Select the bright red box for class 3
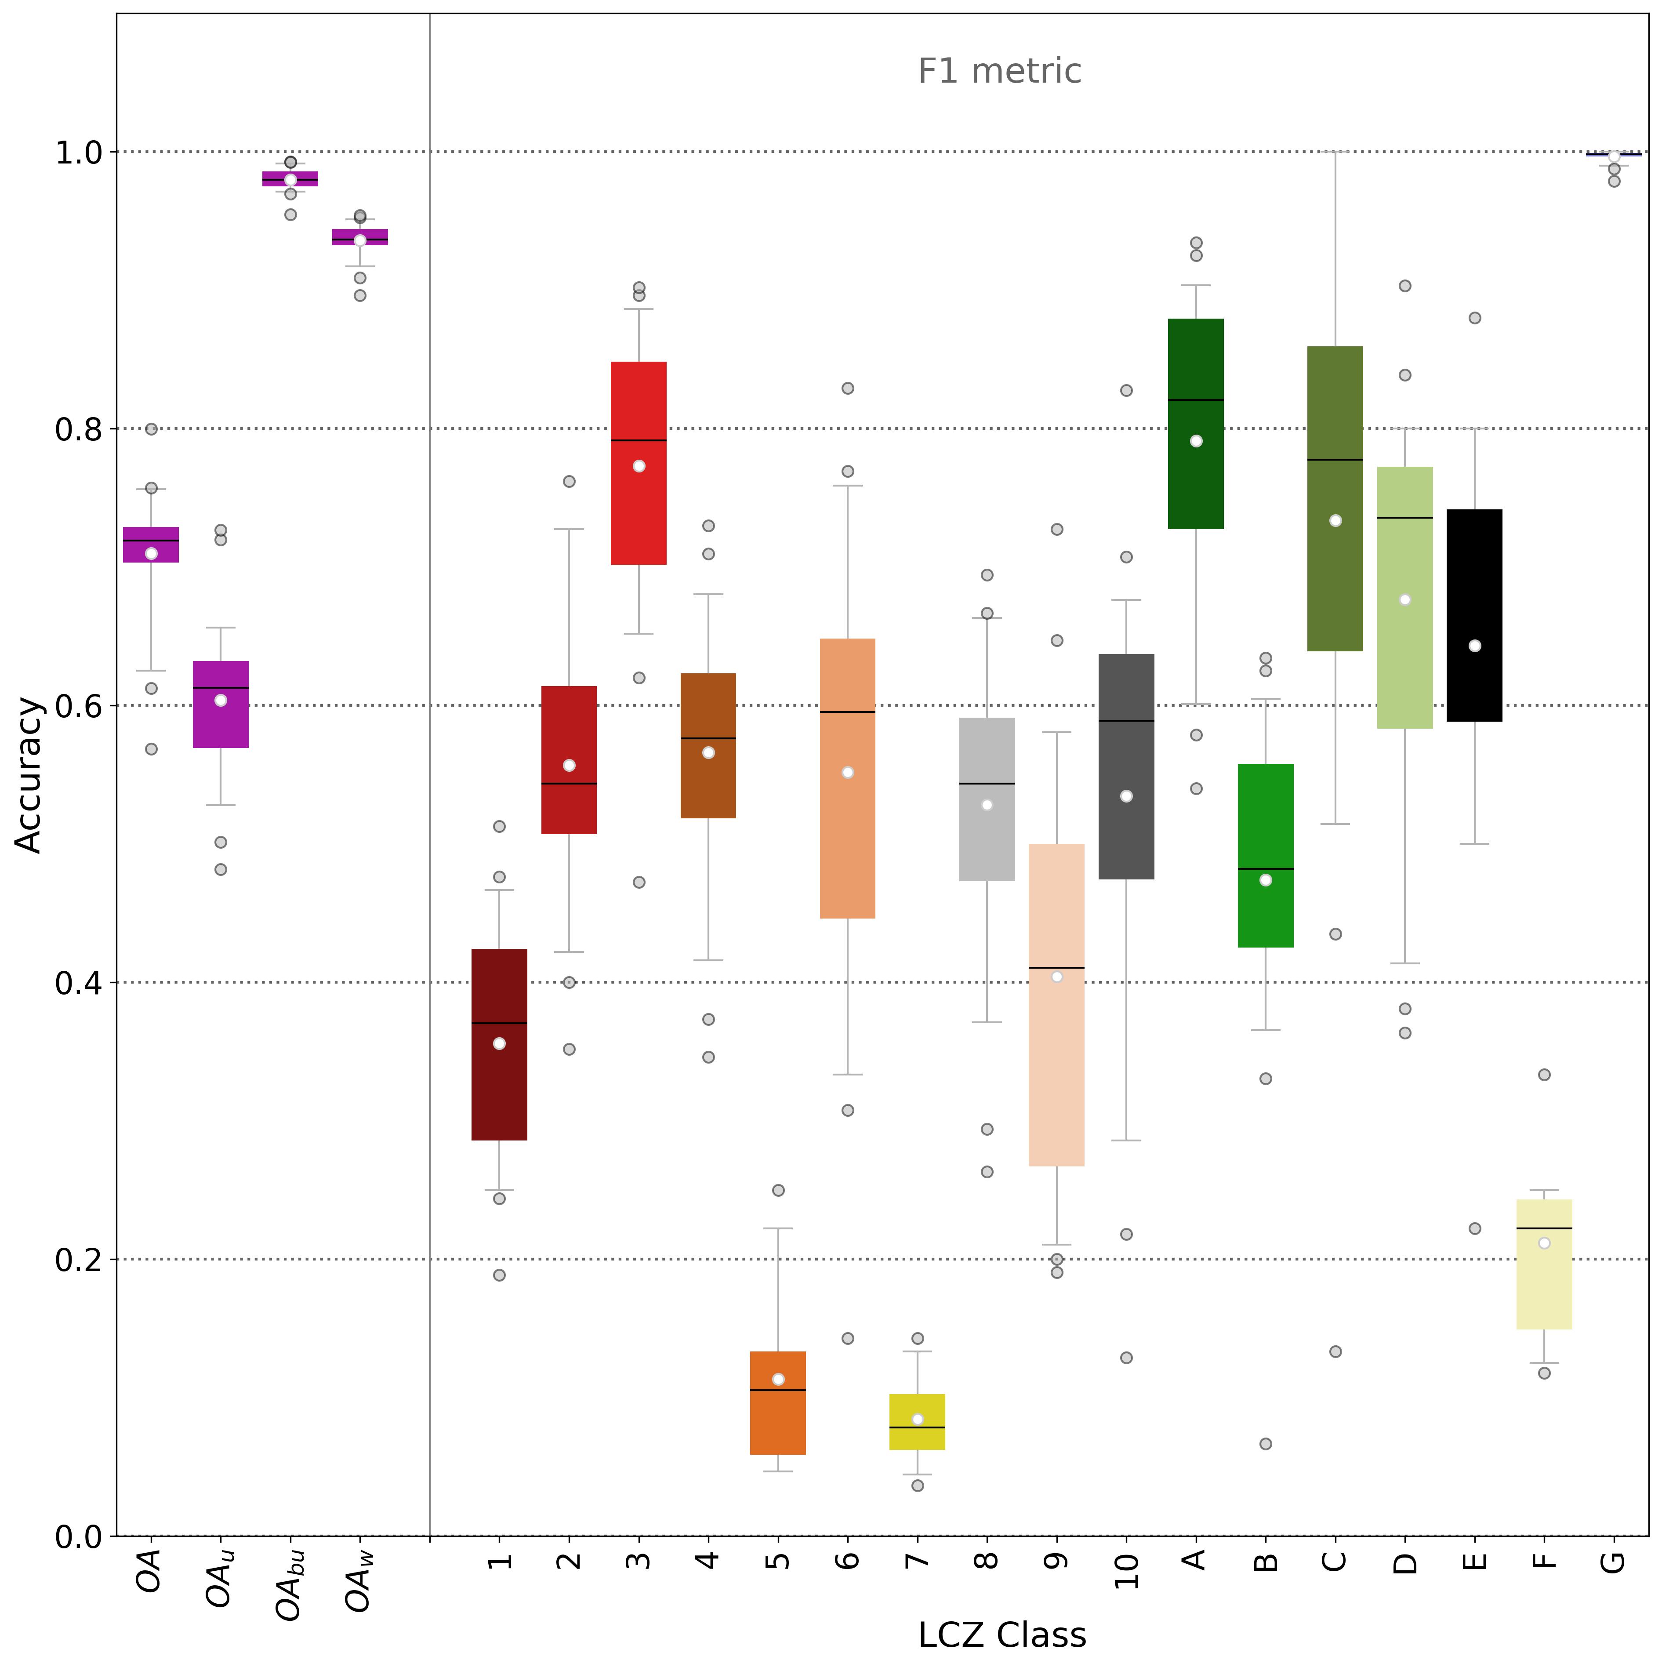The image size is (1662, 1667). tap(639, 518)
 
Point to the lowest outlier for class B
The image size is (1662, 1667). tap(1265, 1444)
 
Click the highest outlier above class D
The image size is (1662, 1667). tap(1405, 286)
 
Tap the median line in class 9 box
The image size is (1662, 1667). tap(1056, 967)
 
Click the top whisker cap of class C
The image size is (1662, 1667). tap(1335, 152)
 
